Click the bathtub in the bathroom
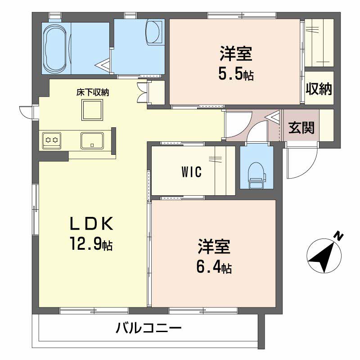point(56,48)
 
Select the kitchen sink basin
point(92,140)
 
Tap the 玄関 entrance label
point(301,128)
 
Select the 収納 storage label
point(319,89)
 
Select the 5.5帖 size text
point(236,74)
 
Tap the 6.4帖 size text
point(213,268)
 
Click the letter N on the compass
point(338,236)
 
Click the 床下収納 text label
point(93,93)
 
